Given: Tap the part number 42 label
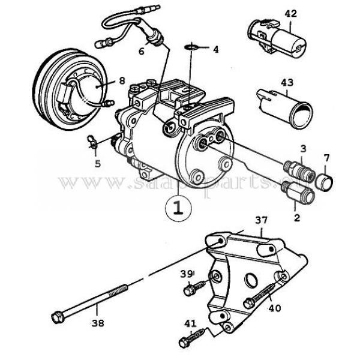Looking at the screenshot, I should pyautogui.click(x=290, y=13).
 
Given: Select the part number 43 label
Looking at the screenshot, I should pyautogui.click(x=287, y=82).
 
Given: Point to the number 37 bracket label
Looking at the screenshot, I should pyautogui.click(x=260, y=221).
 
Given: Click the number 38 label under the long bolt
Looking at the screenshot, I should pyautogui.click(x=97, y=322).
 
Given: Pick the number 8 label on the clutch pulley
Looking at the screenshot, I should pyautogui.click(x=121, y=80).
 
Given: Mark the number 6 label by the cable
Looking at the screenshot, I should pyautogui.click(x=142, y=52).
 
